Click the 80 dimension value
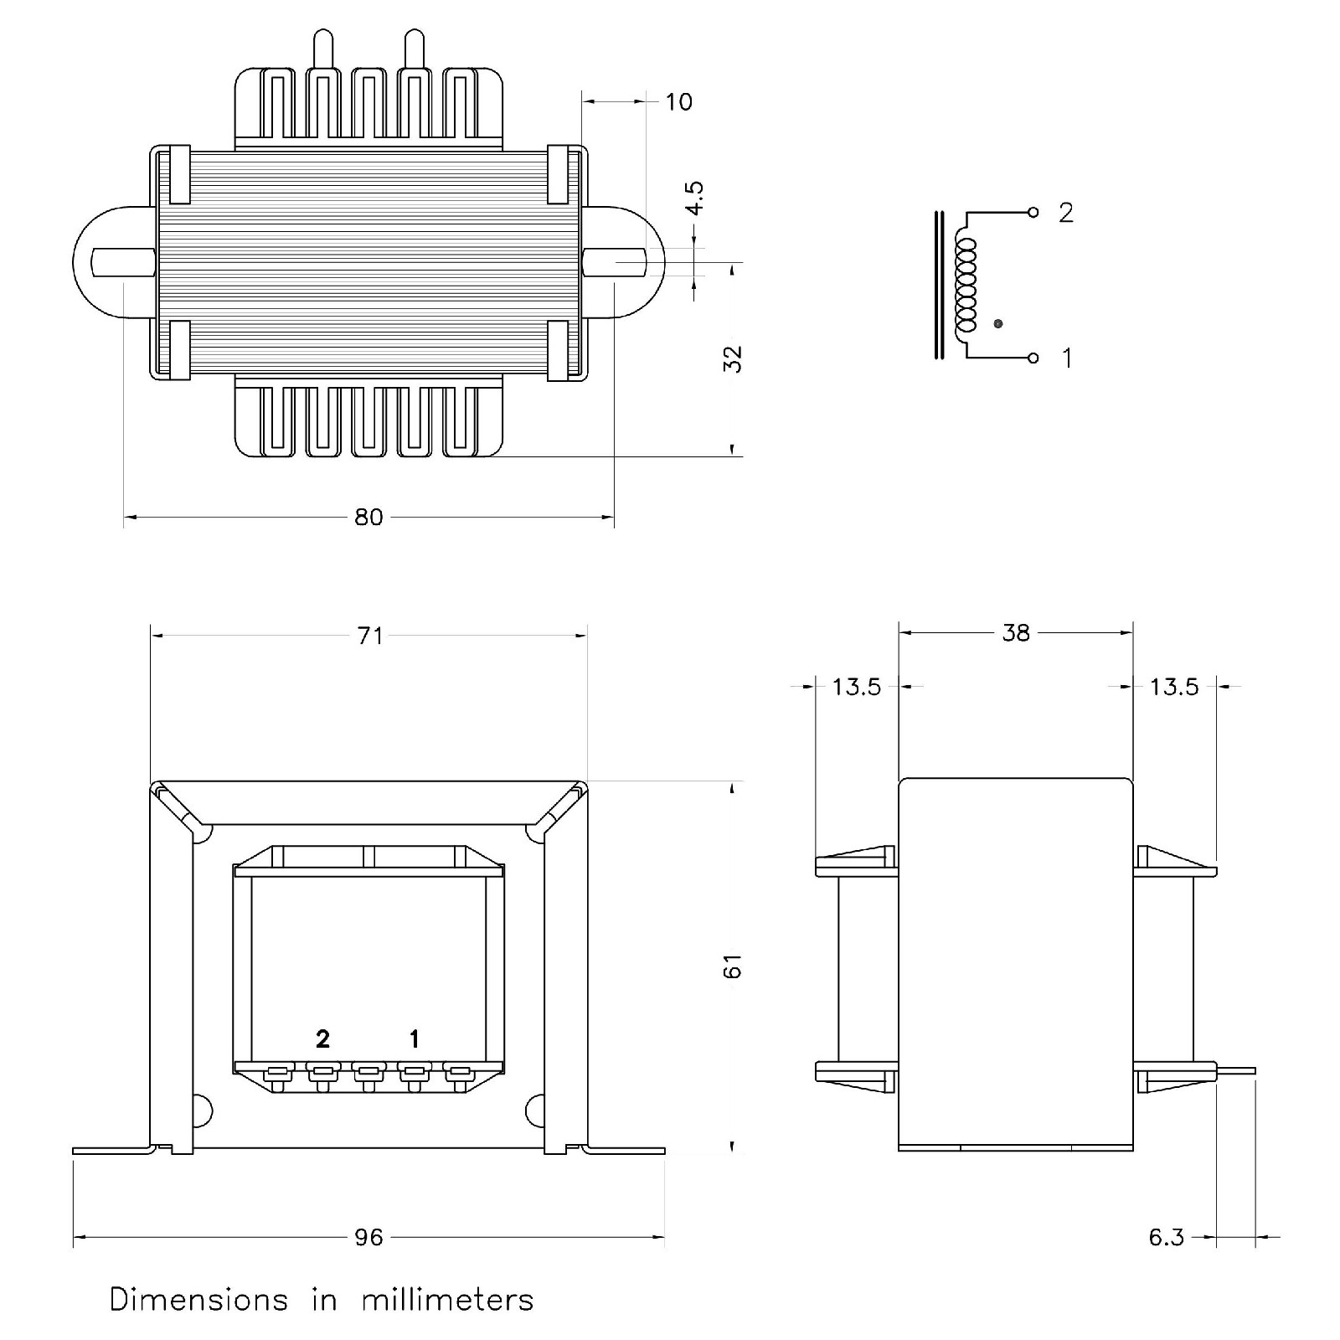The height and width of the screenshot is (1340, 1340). pyautogui.click(x=368, y=518)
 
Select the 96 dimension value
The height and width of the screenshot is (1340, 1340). pyautogui.click(x=368, y=1237)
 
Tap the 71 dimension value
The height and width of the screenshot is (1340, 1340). pyautogui.click(x=370, y=636)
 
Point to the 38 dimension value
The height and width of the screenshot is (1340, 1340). pyautogui.click(x=1015, y=633)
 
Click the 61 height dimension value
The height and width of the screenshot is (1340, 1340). pyautogui.click(x=732, y=966)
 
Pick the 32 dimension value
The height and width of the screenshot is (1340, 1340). pyautogui.click(x=732, y=358)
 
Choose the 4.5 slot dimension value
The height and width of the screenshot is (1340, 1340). pyautogui.click(x=694, y=198)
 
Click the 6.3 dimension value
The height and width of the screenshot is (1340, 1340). pyautogui.click(x=1166, y=1237)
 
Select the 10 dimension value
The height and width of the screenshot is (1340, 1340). pyautogui.click(x=678, y=102)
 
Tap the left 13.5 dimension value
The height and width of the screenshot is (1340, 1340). pyautogui.click(x=857, y=687)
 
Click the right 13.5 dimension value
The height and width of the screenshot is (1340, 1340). pyautogui.click(x=1174, y=687)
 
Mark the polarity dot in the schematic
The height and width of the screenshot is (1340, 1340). pyautogui.click(x=997, y=323)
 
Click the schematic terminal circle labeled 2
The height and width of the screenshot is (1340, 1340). pyautogui.click(x=1033, y=213)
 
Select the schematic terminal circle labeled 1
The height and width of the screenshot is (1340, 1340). pyautogui.click(x=1033, y=358)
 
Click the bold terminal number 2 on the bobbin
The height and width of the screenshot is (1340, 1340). pyautogui.click(x=322, y=1039)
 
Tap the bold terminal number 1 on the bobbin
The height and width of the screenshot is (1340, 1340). pyautogui.click(x=414, y=1039)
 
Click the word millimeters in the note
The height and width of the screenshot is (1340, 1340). pyautogui.click(x=447, y=1300)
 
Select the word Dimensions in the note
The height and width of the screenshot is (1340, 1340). pyautogui.click(x=198, y=1300)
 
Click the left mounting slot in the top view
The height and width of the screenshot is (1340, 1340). pyautogui.click(x=122, y=262)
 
